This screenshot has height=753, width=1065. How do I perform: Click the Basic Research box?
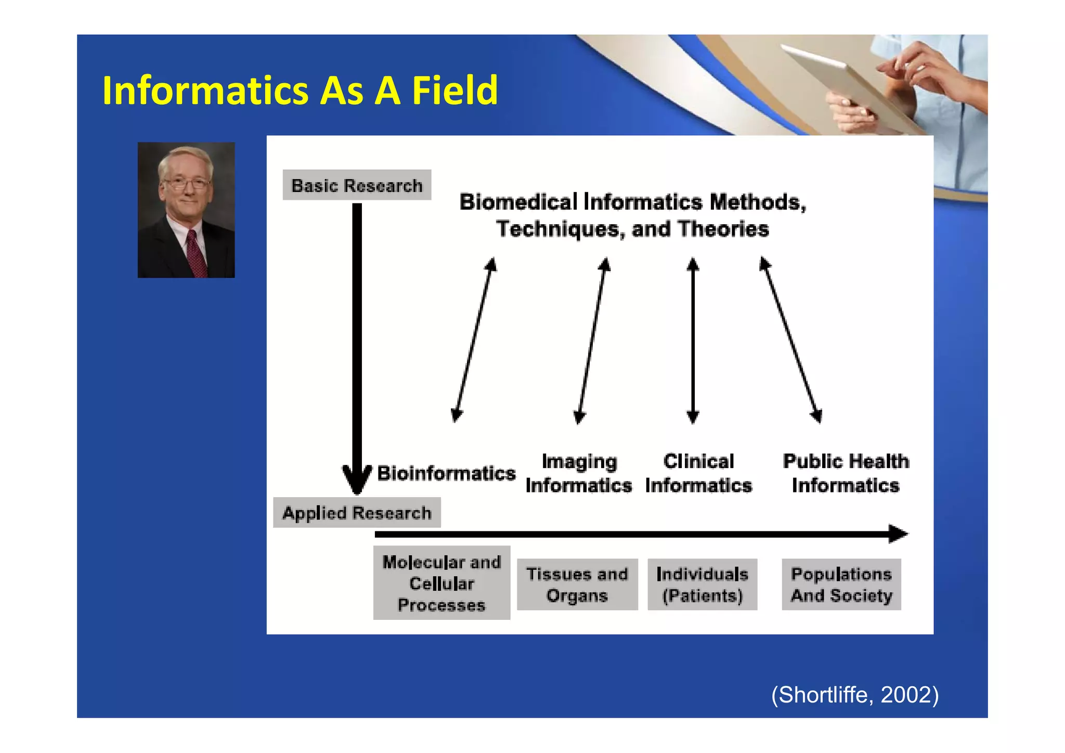pyautogui.click(x=357, y=185)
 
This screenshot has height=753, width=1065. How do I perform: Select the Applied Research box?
pyautogui.click(x=357, y=513)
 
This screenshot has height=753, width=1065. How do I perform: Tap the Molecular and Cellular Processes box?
pyautogui.click(x=441, y=583)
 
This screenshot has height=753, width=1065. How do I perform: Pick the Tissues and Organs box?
pyautogui.click(x=577, y=585)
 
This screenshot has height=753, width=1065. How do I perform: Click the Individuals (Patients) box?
pyautogui.click(x=702, y=585)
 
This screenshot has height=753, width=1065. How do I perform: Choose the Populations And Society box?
pyautogui.click(x=841, y=585)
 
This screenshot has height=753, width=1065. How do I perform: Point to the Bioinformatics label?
pyautogui.click(x=446, y=473)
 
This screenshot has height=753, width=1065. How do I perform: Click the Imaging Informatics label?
pyautogui.click(x=579, y=473)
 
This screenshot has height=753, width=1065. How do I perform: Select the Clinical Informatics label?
pyautogui.click(x=698, y=473)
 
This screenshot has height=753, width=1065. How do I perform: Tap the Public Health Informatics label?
pyautogui.click(x=846, y=473)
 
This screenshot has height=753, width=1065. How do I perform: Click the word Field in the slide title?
pyautogui.click(x=454, y=90)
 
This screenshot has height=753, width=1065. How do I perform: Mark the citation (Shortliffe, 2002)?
pyautogui.click(x=855, y=695)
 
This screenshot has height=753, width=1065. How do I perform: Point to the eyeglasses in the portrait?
pyautogui.click(x=186, y=183)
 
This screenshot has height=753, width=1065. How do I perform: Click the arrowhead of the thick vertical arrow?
pyautogui.click(x=357, y=481)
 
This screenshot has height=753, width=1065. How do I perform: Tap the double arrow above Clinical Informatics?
pyautogui.click(x=693, y=341)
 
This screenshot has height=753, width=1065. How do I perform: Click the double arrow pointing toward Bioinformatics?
pyautogui.click(x=474, y=341)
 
